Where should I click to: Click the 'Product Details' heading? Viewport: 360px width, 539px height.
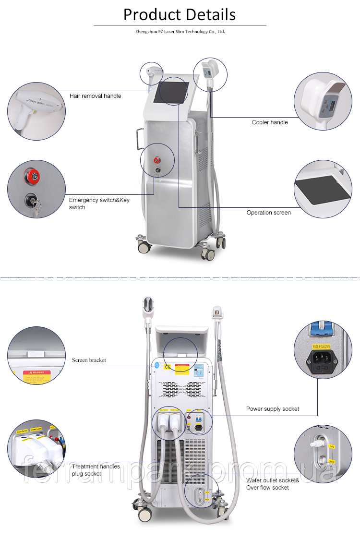[180, 14]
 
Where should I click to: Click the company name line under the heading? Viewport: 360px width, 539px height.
[180, 32]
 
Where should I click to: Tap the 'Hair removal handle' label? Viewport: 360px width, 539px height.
[95, 96]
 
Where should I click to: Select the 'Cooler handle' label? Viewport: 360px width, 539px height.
[270, 122]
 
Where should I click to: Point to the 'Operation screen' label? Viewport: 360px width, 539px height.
[268, 213]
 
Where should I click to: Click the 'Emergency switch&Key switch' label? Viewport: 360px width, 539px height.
[99, 204]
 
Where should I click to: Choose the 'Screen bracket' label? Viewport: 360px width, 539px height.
[89, 360]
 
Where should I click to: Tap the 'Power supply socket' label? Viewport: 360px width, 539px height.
[272, 409]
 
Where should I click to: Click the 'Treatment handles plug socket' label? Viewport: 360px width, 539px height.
[92, 470]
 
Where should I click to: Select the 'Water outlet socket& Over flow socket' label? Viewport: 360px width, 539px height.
[273, 484]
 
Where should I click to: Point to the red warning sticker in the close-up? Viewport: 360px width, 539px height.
[37, 376]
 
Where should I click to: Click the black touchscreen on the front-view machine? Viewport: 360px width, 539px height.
[173, 91]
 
